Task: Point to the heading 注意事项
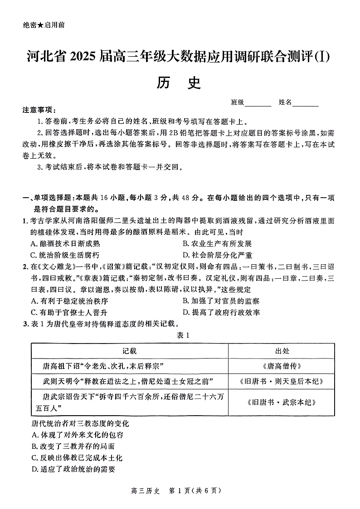[x=40, y=110]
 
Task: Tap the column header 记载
[x=129, y=351]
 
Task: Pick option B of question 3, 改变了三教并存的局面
[x=73, y=446]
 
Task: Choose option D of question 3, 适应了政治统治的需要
[x=73, y=469]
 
